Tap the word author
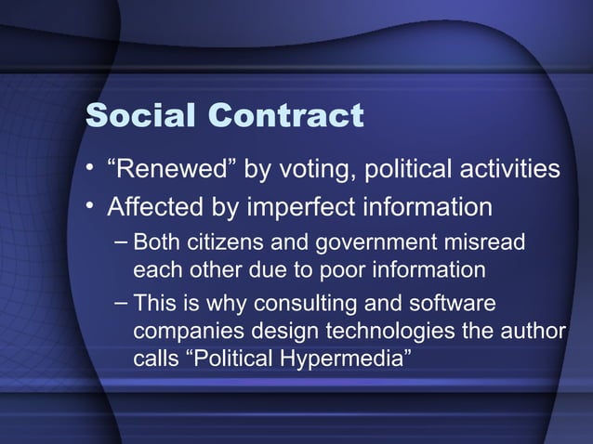(x=533, y=331)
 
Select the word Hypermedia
(x=353, y=358)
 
